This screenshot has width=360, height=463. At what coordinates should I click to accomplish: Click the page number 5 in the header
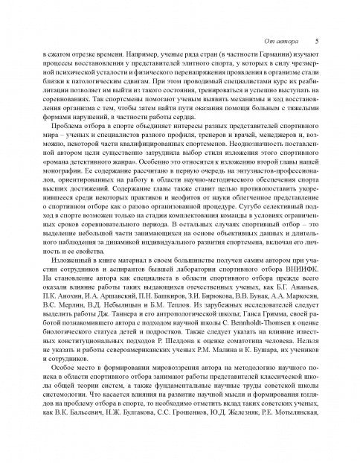(x=317, y=41)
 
